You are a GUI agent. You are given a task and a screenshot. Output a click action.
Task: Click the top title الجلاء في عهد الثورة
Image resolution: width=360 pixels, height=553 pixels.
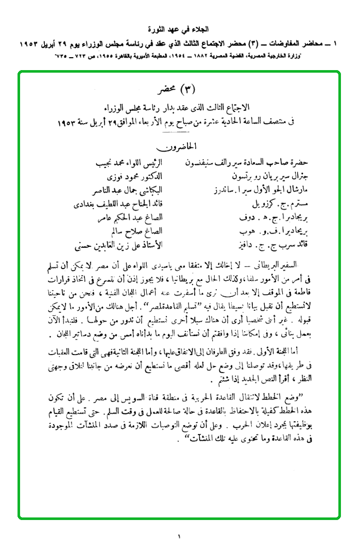[x=180, y=29]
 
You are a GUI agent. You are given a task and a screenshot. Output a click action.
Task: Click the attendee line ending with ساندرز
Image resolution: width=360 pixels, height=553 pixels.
[x=243, y=190]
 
